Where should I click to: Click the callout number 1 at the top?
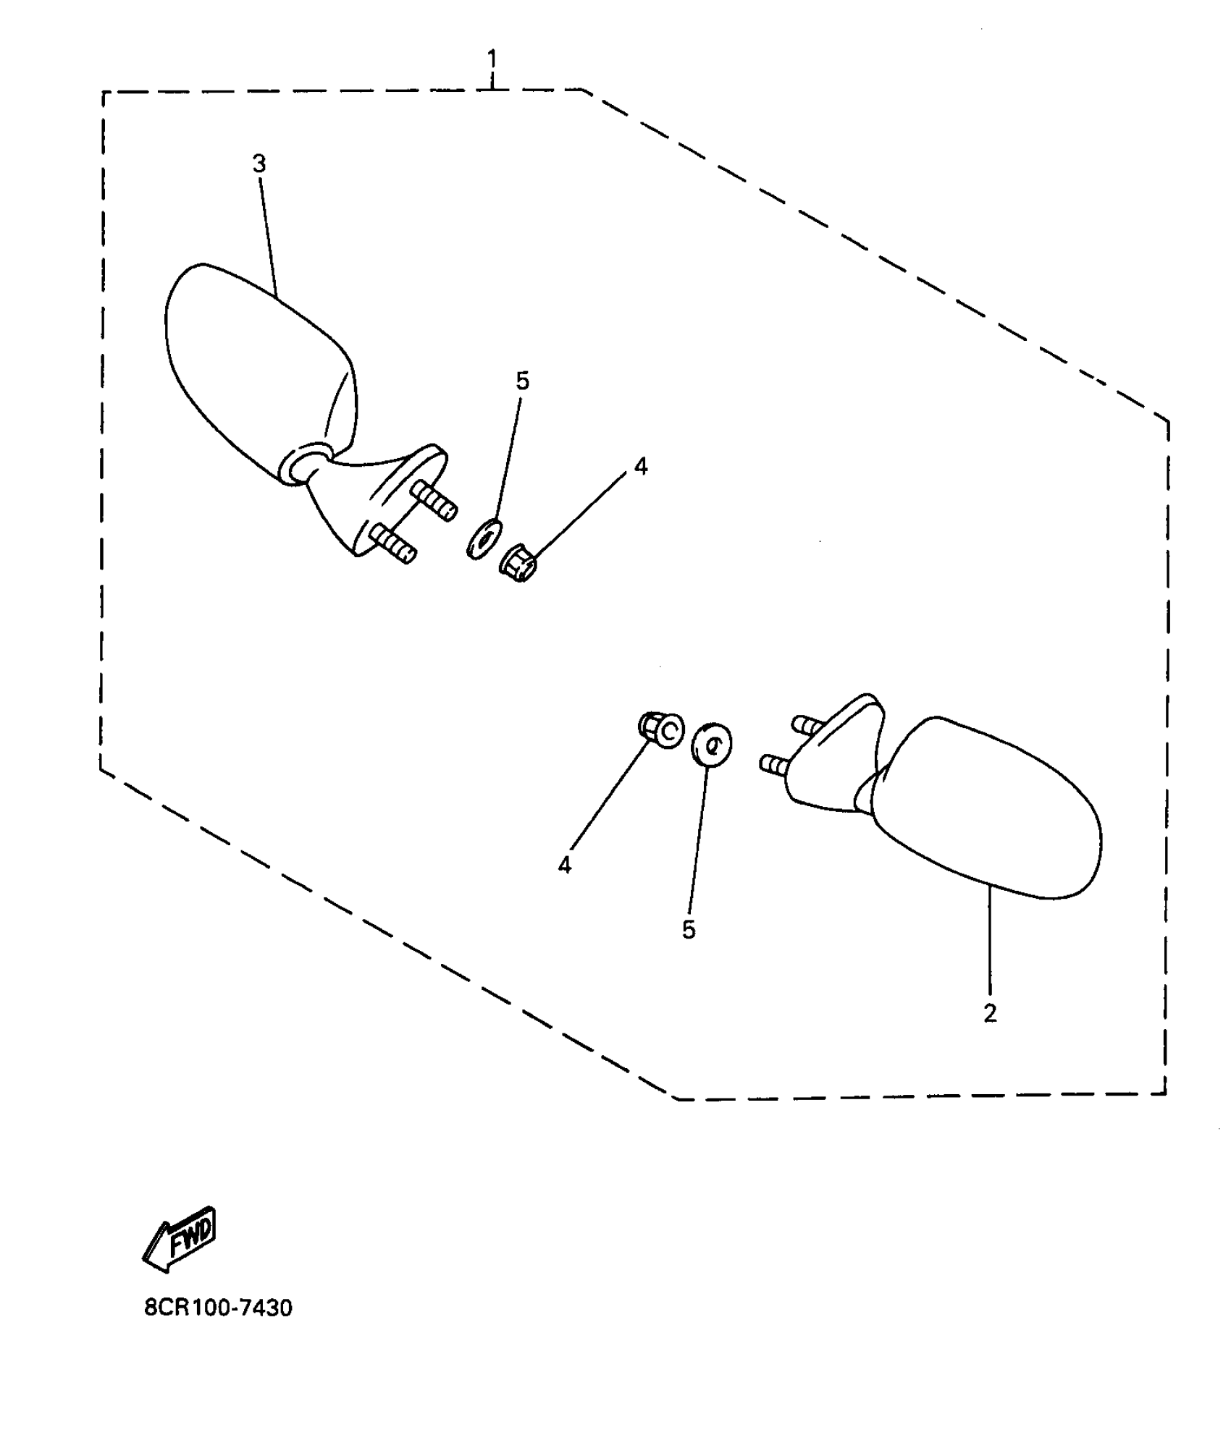click(x=492, y=58)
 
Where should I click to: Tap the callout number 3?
click(x=259, y=164)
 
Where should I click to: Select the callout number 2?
click(x=990, y=1014)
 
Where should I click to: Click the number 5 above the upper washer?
click(x=522, y=381)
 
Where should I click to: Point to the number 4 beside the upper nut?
click(x=640, y=467)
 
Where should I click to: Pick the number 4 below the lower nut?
click(x=564, y=865)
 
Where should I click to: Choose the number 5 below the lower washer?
click(x=688, y=930)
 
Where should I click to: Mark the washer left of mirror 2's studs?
click(x=712, y=743)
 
